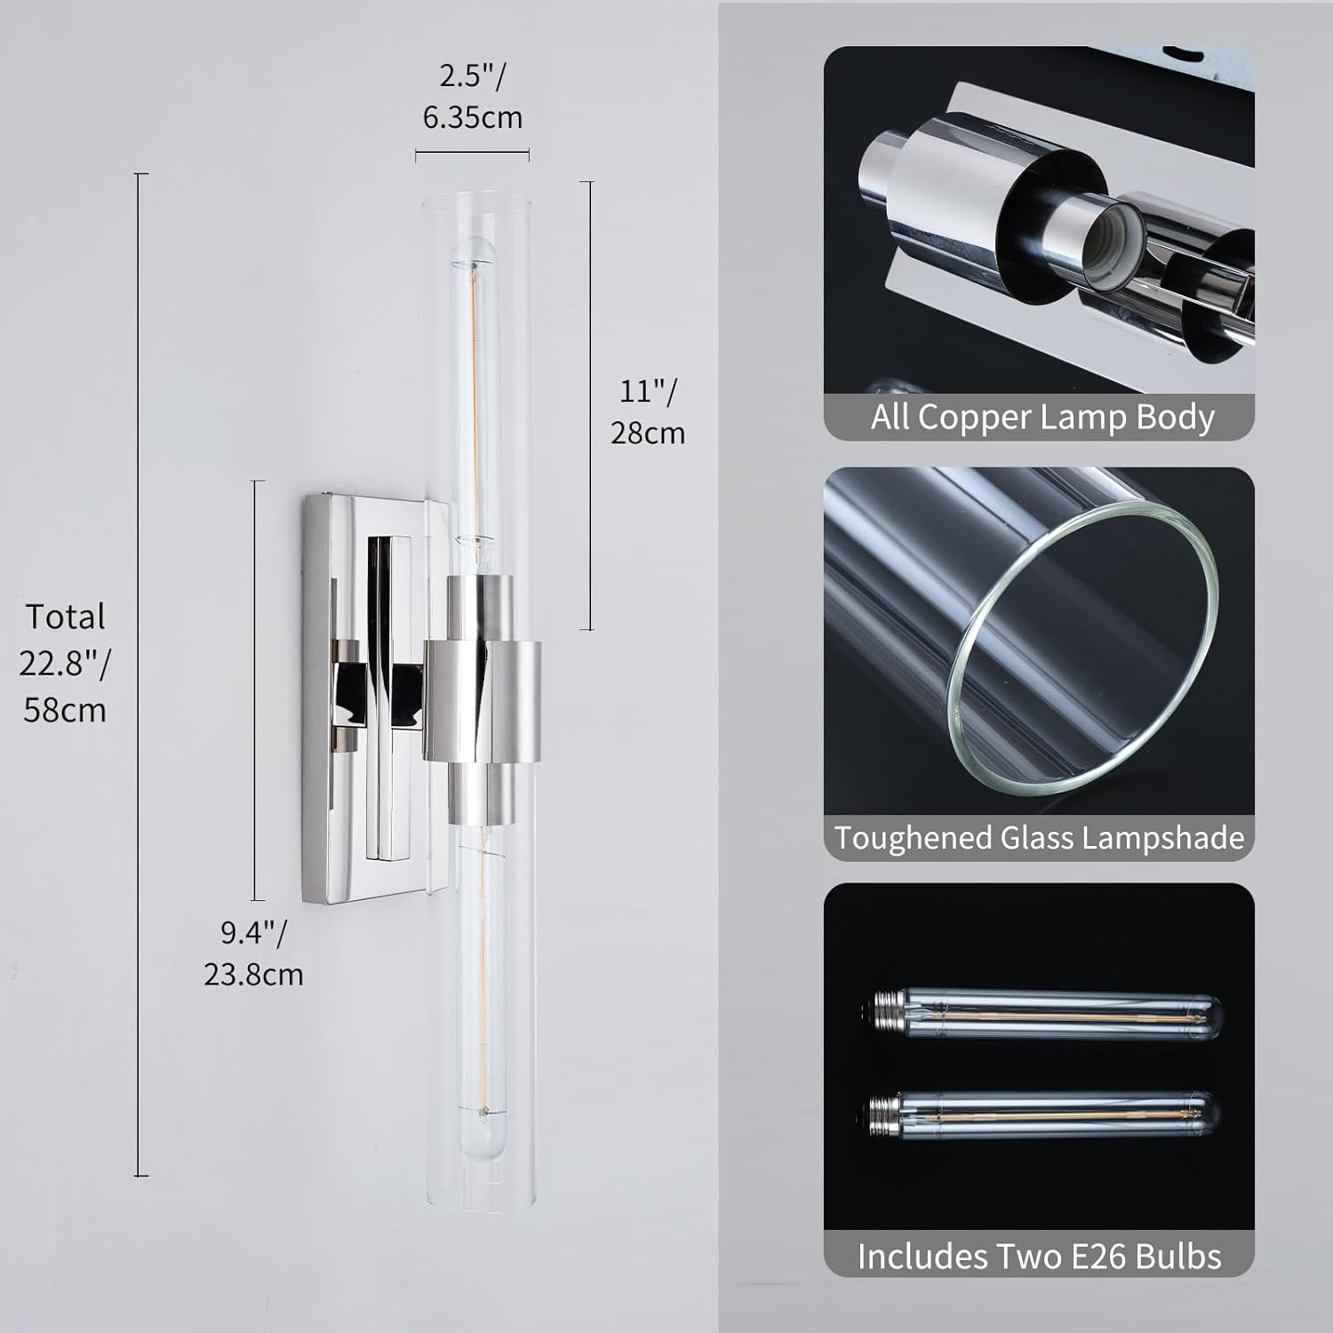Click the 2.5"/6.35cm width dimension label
[472, 96]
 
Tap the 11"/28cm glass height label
[648, 411]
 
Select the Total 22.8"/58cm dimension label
[65, 663]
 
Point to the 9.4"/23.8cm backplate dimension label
[253, 954]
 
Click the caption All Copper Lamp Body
[1042, 417]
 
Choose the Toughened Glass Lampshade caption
[1039, 838]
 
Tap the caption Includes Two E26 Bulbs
[1039, 1256]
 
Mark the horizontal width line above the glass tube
[472, 153]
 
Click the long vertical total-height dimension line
[140, 675]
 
